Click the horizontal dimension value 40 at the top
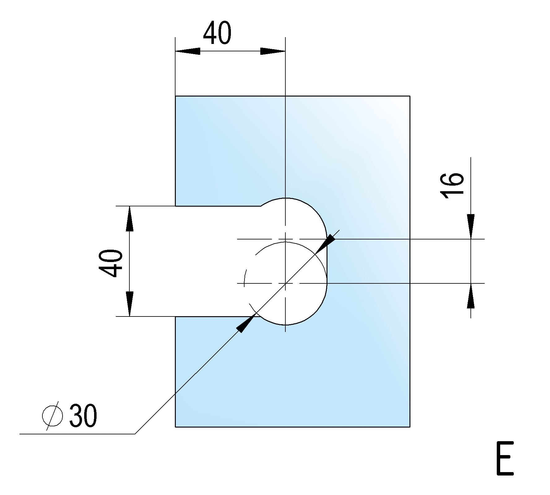[217, 33]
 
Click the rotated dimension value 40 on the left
[110, 263]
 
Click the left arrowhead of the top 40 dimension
[187, 51]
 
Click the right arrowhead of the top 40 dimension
[273, 51]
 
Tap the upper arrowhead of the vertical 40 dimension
[130, 219]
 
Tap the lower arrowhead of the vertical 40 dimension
[130, 303]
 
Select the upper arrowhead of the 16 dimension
[471, 226]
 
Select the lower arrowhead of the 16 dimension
[471, 296]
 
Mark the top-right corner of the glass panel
[410, 96]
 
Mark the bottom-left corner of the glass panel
[175, 427]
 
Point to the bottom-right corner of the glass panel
[410, 427]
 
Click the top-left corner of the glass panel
[175, 96]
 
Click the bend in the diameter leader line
[135, 434]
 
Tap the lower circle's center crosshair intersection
[285, 283]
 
